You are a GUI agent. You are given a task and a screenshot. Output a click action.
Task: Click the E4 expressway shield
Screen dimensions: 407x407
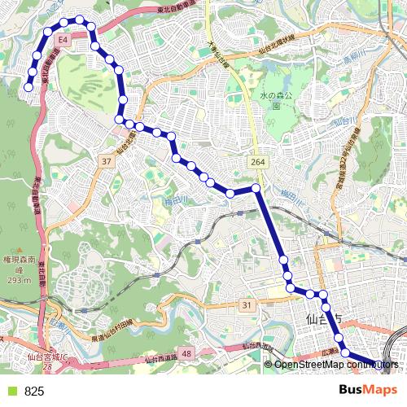tap(63, 38)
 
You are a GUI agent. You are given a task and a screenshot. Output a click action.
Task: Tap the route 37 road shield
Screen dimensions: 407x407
tap(107, 162)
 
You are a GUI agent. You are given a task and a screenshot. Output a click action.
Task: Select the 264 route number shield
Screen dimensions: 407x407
tap(258, 164)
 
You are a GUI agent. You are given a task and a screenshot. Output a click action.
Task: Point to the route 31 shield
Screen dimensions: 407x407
tap(247, 304)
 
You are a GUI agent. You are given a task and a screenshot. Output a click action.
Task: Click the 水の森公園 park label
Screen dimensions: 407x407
tap(276, 99)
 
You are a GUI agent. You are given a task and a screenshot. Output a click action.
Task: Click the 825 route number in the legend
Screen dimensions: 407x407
tap(34, 392)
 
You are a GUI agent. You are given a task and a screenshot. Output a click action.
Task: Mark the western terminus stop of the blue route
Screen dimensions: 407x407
tap(29, 86)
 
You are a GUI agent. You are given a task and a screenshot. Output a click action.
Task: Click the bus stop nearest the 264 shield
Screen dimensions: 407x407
tap(256, 189)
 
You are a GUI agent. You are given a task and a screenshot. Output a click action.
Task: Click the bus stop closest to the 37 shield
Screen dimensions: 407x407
tap(119, 120)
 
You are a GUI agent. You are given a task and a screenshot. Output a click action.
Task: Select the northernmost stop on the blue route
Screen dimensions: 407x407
tap(79, 19)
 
